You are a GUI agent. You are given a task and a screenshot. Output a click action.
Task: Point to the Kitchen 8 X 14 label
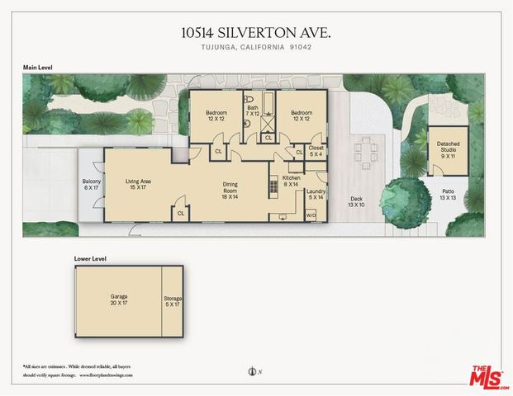click(x=292, y=181)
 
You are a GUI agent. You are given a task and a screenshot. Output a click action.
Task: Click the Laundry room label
click(x=316, y=195)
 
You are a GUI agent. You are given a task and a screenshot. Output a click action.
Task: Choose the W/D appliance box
click(x=311, y=215)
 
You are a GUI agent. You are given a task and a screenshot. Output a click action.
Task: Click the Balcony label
click(x=91, y=184)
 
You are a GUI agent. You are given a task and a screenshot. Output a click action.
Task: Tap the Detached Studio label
click(x=448, y=148)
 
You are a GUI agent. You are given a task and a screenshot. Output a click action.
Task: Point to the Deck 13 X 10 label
click(x=357, y=202)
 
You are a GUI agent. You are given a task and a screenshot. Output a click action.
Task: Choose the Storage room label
click(x=173, y=302)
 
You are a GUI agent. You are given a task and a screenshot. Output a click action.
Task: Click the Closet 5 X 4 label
click(x=316, y=151)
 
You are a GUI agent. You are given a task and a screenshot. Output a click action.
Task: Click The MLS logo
click(x=489, y=375)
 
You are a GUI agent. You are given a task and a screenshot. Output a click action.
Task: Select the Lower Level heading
click(x=89, y=258)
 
